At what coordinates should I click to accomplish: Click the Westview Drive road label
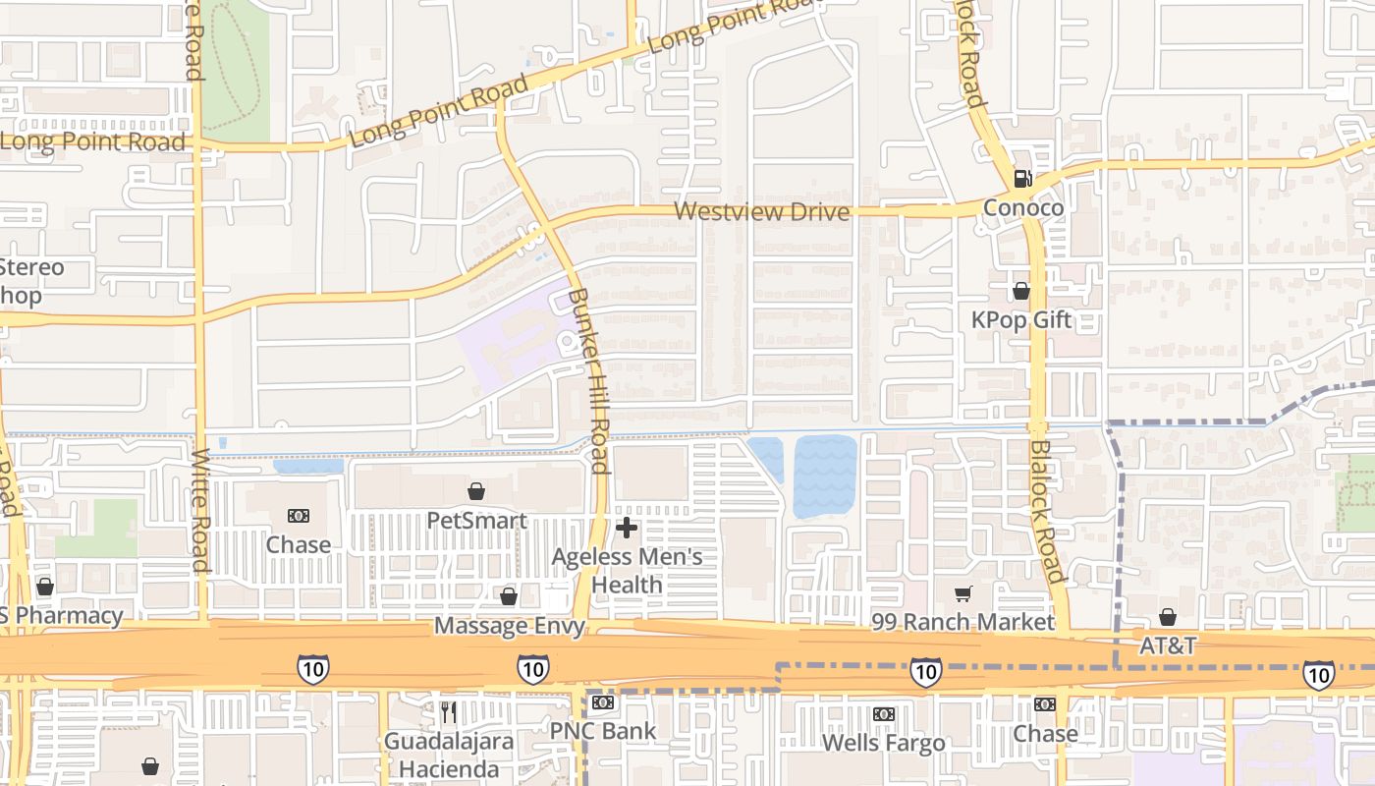coord(762,211)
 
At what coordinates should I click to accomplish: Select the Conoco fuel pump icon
coord(1022,179)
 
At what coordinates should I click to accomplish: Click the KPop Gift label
coord(1021,320)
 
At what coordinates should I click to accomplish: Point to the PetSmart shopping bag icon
coord(476,491)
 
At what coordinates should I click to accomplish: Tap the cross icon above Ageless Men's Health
coord(626,529)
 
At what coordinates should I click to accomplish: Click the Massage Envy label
coord(509,626)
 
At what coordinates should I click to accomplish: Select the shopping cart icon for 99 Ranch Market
coord(963,593)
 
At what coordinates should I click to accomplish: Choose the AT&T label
coord(1168,646)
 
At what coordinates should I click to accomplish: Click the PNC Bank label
coord(602,731)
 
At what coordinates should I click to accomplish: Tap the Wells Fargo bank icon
coord(884,714)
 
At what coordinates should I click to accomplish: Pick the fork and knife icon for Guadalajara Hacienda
coord(449,710)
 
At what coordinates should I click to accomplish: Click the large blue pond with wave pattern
coord(824,477)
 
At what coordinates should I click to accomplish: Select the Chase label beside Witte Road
coord(299,544)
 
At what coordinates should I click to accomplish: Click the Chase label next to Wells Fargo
coord(1045,733)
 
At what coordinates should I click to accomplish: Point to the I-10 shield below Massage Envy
coord(532,670)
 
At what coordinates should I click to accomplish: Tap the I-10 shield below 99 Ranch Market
coord(925,672)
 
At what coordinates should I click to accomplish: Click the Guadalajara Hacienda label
coord(449,754)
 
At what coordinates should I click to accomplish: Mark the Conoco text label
coord(1023,208)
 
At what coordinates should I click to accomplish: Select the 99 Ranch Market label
coord(962,622)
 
